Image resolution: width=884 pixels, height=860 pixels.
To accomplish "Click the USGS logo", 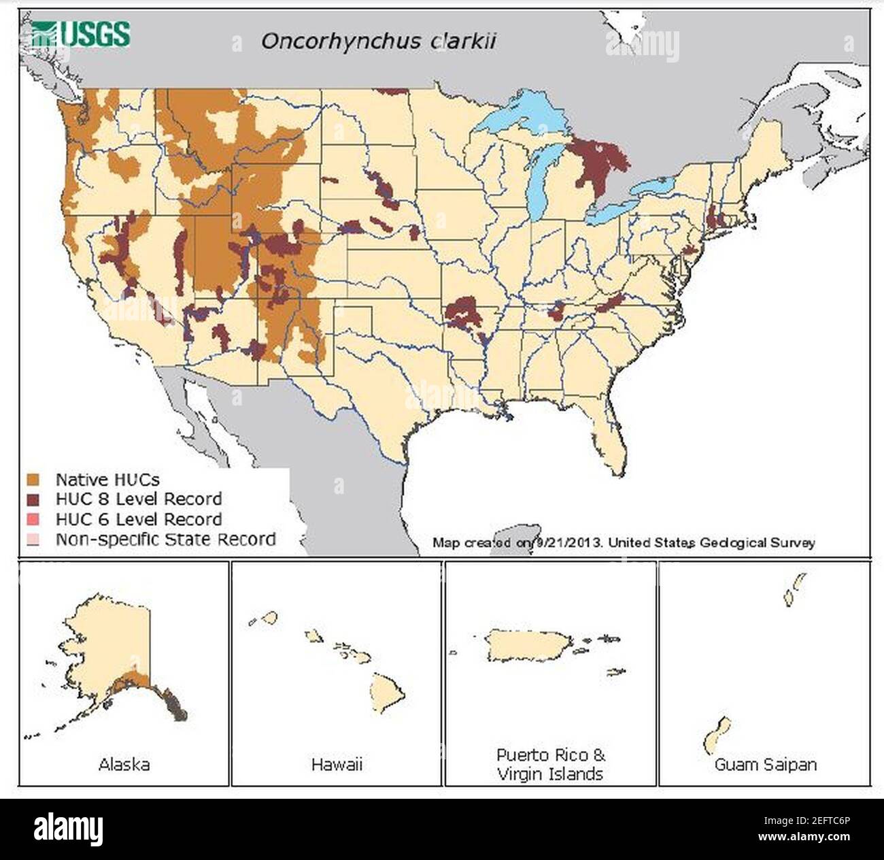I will click(81, 33).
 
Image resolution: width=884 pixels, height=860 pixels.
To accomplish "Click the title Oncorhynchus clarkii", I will click(378, 41).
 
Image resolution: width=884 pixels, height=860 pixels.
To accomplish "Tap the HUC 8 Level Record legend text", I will click(138, 499).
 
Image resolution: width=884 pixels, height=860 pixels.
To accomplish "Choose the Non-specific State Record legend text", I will click(165, 540).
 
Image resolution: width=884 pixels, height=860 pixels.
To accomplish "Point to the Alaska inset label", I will click(124, 764).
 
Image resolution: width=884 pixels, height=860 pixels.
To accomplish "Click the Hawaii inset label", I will click(337, 764).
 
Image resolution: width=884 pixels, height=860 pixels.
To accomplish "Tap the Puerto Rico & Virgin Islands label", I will click(550, 764).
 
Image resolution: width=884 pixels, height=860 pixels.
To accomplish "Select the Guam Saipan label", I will click(765, 764).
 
